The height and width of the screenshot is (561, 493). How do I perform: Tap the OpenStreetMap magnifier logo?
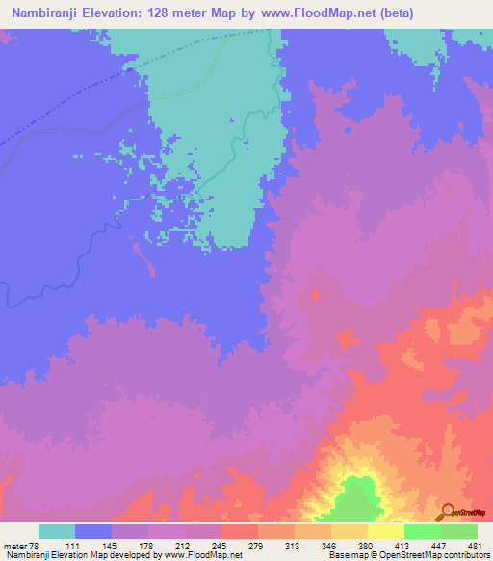point(446,514)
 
